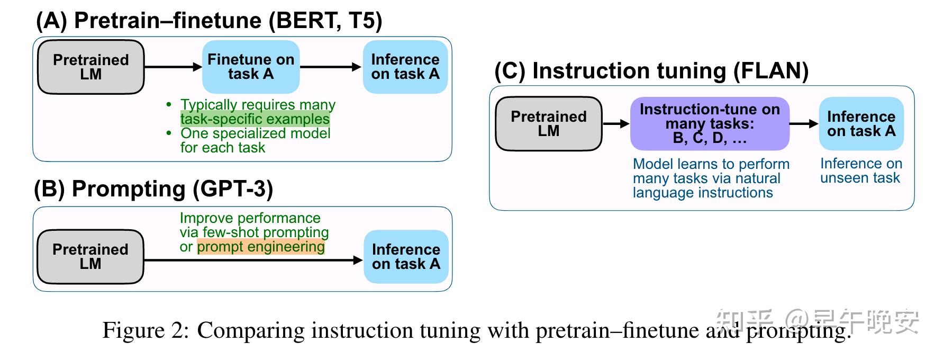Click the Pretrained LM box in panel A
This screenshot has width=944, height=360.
[x=90, y=67]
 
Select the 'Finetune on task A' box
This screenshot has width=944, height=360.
[x=251, y=67]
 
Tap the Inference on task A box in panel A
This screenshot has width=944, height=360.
[x=405, y=67]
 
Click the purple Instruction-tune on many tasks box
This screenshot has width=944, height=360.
[x=710, y=123]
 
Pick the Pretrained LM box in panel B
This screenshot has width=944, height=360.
[x=90, y=257]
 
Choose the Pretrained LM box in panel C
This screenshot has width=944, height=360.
[x=549, y=123]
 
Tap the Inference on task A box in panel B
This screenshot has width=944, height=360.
[x=406, y=256]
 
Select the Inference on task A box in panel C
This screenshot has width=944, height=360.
[x=861, y=123]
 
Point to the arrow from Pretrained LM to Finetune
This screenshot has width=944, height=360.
[x=173, y=67]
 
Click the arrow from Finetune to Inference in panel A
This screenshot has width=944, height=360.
[x=331, y=67]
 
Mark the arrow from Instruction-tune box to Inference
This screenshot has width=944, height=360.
[x=804, y=124]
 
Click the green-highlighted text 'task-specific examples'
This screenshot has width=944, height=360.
[x=255, y=119]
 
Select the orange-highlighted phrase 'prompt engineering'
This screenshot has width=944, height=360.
[x=261, y=247]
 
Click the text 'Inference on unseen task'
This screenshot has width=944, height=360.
[x=860, y=171]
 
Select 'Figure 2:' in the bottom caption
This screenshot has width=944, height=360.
[x=146, y=330]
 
